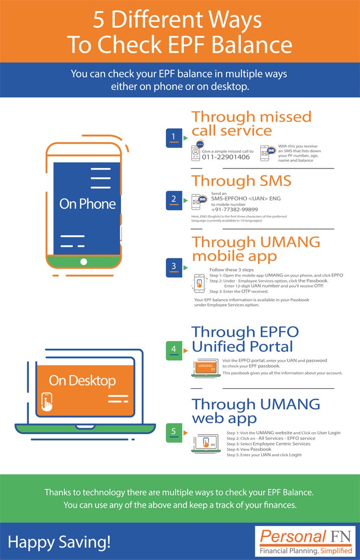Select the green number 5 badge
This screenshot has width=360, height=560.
point(173,431)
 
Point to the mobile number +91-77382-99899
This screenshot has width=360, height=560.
point(234,209)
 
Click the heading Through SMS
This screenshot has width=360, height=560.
point(241,181)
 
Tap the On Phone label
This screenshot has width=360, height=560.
point(87,204)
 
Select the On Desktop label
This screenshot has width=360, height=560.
point(82,381)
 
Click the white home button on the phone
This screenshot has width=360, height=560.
point(84,262)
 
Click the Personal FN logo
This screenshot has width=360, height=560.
point(306,541)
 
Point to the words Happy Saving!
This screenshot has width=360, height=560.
point(59,542)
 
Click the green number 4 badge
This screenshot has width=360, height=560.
point(173,350)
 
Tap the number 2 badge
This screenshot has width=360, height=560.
point(173,199)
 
